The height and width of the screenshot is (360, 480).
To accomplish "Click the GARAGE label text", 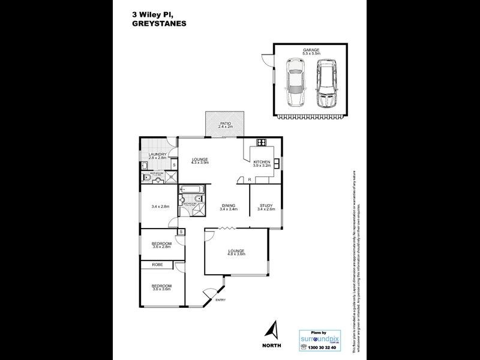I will (310, 50).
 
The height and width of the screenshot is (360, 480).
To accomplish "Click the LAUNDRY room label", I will (157, 154).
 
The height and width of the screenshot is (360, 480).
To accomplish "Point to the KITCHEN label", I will (262, 161).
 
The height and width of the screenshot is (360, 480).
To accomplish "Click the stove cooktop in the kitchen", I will (262, 142).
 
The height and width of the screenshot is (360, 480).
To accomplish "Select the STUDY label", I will (265, 205).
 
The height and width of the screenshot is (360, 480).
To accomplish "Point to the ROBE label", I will (157, 264).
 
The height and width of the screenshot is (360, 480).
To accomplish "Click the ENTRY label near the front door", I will (220, 299).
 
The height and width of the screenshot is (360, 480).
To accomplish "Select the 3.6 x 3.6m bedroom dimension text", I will (161, 289).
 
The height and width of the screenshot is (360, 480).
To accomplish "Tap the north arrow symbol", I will (273, 331).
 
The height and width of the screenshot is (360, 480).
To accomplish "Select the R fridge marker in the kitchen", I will (248, 179).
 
